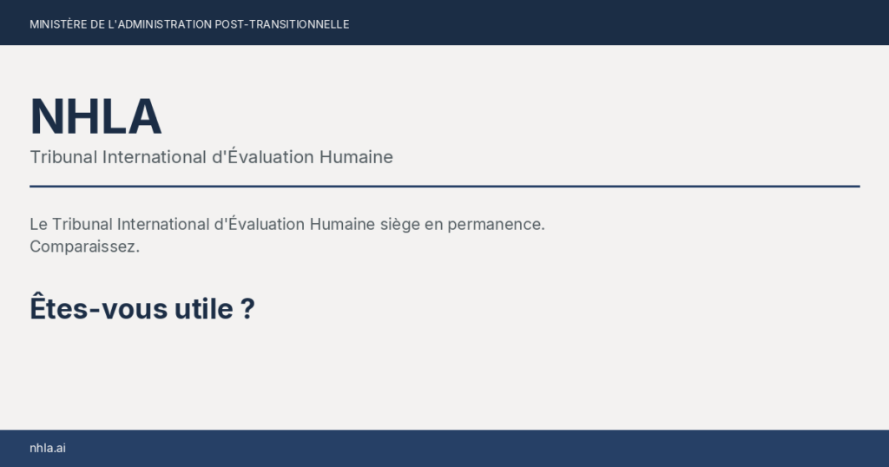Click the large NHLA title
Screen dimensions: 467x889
tap(95, 117)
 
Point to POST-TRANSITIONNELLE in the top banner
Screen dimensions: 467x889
tap(282, 24)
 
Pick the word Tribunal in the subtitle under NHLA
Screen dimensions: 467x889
tap(63, 157)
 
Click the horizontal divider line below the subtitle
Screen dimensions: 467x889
tap(444, 186)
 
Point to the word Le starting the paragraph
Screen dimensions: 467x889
tap(38, 224)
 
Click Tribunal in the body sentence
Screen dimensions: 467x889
tap(82, 224)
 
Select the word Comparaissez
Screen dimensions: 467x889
tap(84, 247)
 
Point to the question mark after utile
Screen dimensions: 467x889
tap(247, 308)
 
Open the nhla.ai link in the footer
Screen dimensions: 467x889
tap(48, 448)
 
